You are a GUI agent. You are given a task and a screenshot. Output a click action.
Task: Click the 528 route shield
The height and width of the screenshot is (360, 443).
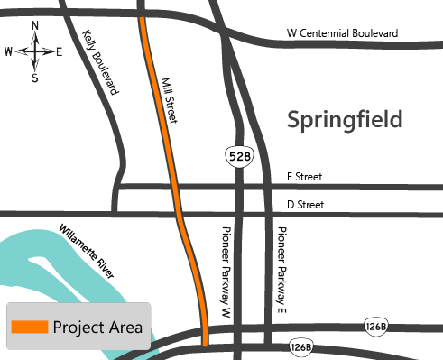240,156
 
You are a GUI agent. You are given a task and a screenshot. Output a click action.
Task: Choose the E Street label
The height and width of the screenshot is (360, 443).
304,177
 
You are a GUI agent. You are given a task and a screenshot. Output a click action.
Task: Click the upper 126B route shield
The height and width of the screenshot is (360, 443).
377,325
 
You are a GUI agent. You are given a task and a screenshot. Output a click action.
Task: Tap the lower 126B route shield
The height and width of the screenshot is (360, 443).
301,346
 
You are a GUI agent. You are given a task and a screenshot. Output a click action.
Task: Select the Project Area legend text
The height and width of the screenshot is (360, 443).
98,328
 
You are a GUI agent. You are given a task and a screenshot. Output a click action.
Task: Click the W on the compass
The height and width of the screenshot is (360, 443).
9,51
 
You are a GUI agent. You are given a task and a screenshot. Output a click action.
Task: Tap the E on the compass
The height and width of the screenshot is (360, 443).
59,51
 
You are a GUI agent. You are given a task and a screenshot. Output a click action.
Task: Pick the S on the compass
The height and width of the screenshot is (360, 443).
34,78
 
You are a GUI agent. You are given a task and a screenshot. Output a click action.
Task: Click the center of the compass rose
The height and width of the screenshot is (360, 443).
34,51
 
